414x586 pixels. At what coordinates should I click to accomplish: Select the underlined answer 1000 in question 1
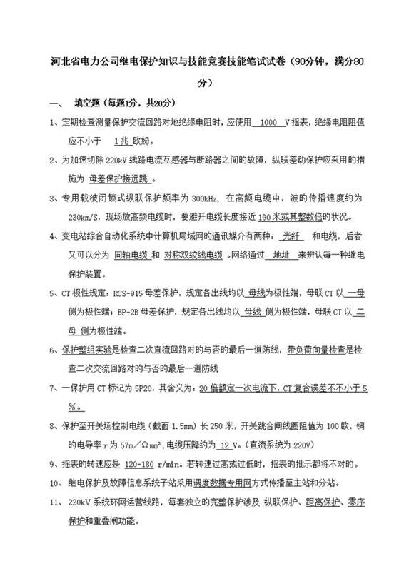pos(269,122)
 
